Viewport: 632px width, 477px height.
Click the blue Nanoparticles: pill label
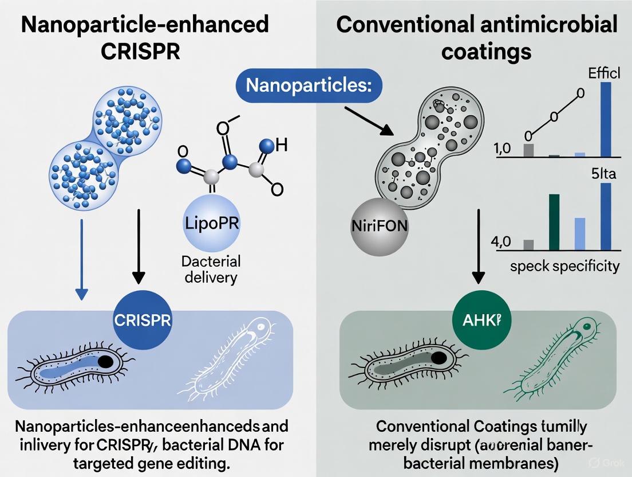click(310, 85)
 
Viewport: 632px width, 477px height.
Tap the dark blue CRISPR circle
click(143, 320)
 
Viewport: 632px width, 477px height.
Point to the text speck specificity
click(564, 266)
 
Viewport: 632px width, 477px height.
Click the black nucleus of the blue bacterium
click(105, 362)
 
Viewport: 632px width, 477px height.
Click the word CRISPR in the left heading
click(140, 50)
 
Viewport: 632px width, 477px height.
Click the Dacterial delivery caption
click(211, 269)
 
